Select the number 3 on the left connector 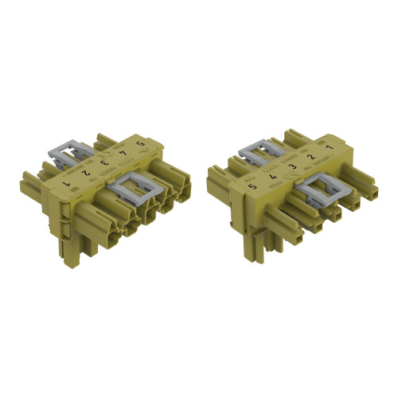point(104,162)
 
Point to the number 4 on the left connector point(122,153)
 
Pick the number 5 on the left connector point(141,143)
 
